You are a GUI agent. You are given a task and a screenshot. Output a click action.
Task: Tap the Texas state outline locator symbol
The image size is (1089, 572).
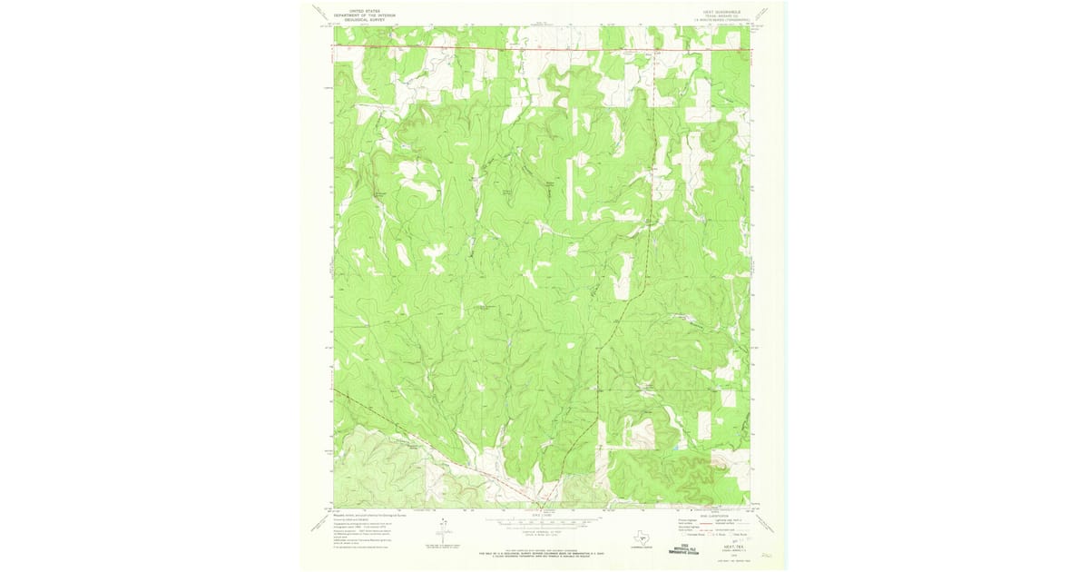click(x=643, y=537)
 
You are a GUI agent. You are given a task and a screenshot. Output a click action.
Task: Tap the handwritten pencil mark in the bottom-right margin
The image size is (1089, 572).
click(x=767, y=551)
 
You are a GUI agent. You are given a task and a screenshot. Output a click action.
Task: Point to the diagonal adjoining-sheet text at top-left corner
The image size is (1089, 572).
click(x=319, y=12)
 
